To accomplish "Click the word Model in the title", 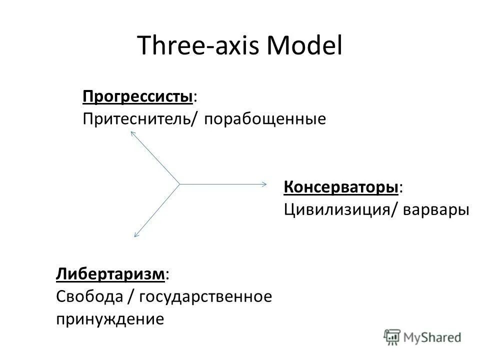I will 305,46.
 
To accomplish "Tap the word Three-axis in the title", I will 199,46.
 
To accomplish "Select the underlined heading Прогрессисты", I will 138,96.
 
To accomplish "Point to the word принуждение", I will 109,318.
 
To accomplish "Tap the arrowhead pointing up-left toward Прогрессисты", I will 133,133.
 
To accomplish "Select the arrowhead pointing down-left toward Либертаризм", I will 135,234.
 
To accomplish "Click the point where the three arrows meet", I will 179,184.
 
